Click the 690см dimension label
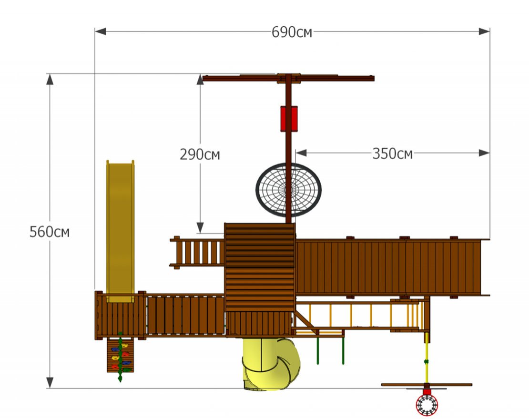pyautogui.click(x=292, y=32)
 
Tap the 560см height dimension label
pyautogui.click(x=50, y=232)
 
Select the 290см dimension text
pyautogui.click(x=200, y=154)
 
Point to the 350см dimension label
pyautogui.click(x=392, y=154)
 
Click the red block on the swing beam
pyautogui.click(x=289, y=118)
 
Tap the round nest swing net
pyautogui.click(x=288, y=190)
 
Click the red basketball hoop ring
pyautogui.click(x=427, y=405)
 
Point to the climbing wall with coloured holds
pyautogui.click(x=120, y=355)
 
